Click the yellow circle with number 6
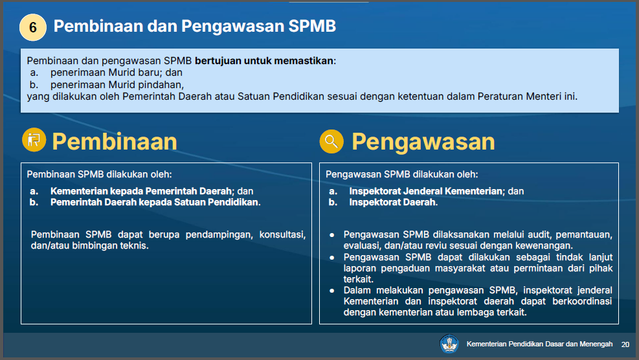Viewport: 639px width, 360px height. (x=33, y=27)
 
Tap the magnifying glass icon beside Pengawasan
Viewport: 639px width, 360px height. (x=331, y=141)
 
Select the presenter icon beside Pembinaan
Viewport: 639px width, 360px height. (x=34, y=140)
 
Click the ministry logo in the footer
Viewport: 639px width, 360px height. (x=449, y=344)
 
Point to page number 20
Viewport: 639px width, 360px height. (x=625, y=344)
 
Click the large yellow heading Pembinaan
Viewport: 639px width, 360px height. (x=115, y=141)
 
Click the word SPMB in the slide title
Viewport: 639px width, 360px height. (x=312, y=26)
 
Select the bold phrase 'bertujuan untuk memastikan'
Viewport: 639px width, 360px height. (x=264, y=61)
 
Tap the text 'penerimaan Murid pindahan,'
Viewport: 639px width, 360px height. (x=117, y=85)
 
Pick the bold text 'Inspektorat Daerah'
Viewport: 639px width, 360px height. (x=392, y=202)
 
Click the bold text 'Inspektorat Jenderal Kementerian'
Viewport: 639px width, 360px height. (x=426, y=191)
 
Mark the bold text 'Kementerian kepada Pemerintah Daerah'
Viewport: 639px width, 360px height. (x=141, y=191)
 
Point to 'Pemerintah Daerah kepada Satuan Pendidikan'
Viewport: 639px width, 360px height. (x=155, y=202)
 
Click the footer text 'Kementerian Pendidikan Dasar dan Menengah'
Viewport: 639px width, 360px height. (x=539, y=344)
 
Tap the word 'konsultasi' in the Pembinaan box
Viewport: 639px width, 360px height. (x=282, y=235)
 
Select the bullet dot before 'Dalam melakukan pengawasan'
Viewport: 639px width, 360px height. (x=331, y=291)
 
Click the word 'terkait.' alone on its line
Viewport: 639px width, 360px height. (x=359, y=279)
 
